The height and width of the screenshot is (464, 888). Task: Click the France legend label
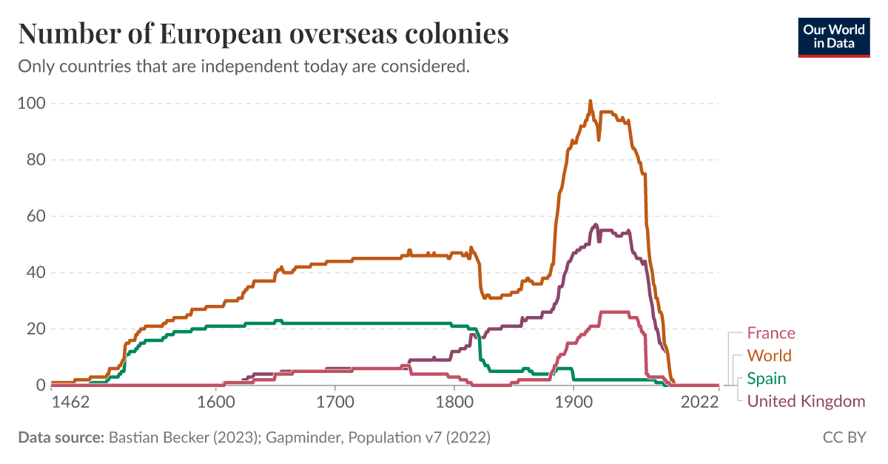point(770,333)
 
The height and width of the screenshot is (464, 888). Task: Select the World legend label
point(769,356)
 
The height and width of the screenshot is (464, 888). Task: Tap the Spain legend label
point(766,379)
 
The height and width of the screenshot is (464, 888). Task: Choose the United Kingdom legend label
point(805,402)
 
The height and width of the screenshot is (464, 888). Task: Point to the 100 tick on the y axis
point(31,104)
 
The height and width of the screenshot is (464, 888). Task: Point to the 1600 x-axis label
point(216,403)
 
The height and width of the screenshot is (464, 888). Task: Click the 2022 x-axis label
point(700,403)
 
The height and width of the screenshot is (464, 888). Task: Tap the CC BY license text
point(844,437)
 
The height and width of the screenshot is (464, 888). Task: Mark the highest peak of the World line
point(590,101)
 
